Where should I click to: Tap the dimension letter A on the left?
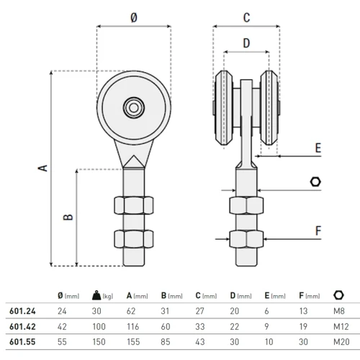pyautogui.click(x=43, y=168)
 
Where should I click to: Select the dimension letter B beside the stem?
pyautogui.click(x=67, y=217)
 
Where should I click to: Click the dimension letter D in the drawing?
pyautogui.click(x=246, y=43)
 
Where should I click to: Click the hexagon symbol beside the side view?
pyautogui.click(x=315, y=183)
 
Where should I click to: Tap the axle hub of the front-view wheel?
pyautogui.click(x=134, y=108)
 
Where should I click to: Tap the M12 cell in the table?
pyautogui.click(x=340, y=325)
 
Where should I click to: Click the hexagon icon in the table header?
pyautogui.click(x=339, y=295)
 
